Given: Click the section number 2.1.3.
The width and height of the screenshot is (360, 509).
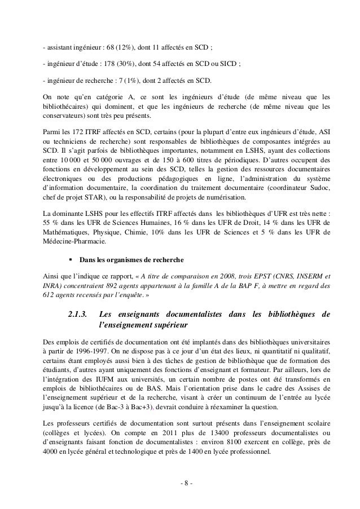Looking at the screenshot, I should pyautogui.click(x=78, y=314).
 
